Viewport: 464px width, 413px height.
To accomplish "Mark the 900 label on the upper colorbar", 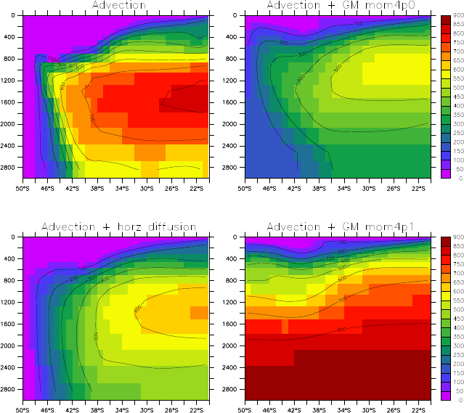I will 458,15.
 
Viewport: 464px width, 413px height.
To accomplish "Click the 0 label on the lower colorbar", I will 455,399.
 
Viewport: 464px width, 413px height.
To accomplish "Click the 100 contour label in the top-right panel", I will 358,24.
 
